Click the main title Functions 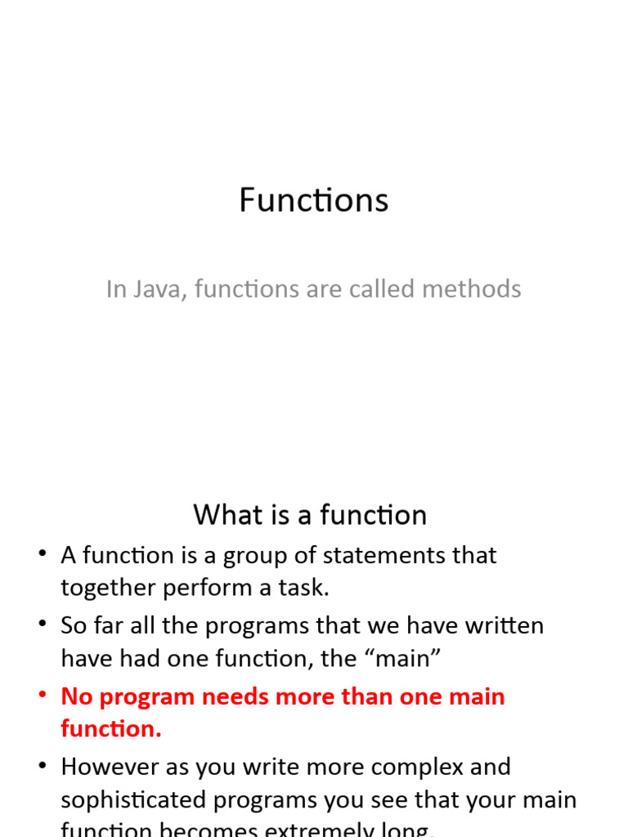(x=313, y=200)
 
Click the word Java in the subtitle (x=155, y=289)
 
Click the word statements (x=382, y=556)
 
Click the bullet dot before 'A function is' (x=43, y=555)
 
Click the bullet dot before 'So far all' (x=43, y=625)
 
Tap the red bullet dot (x=43, y=696)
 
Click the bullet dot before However (x=43, y=766)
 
